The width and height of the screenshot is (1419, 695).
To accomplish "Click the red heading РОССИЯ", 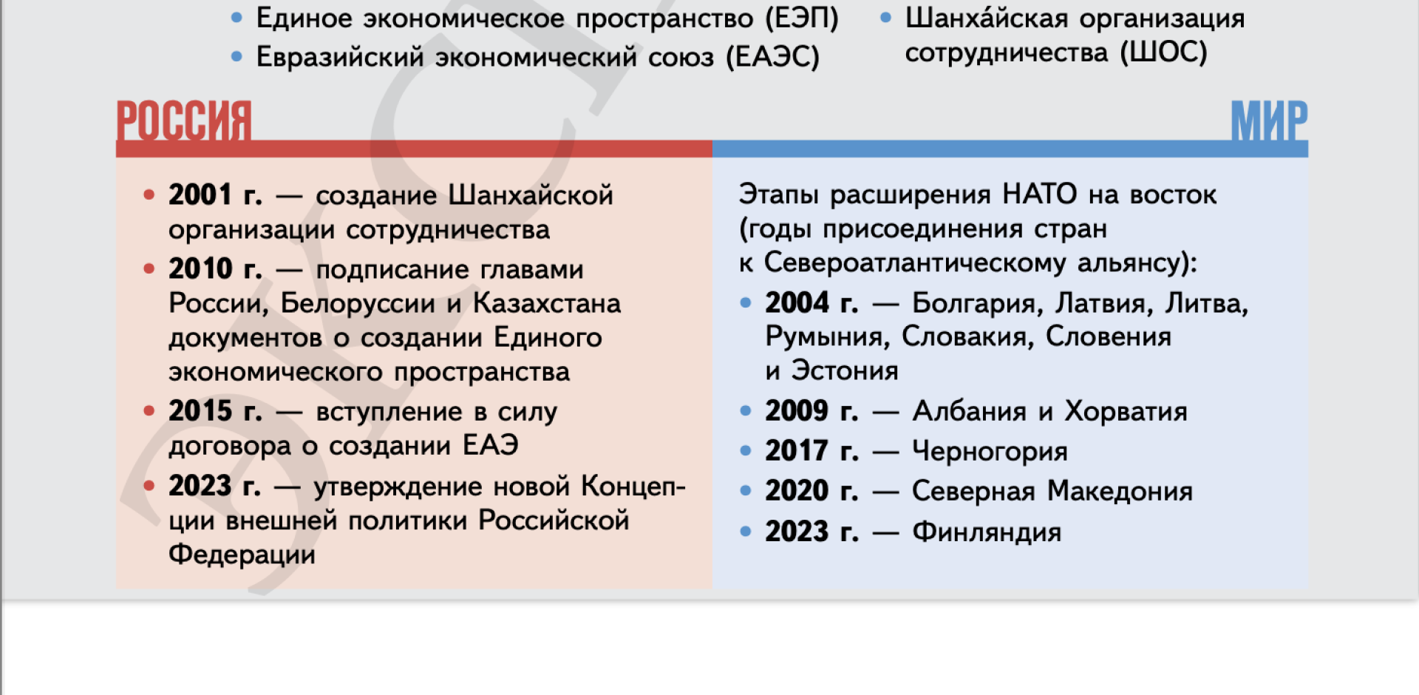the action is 184,121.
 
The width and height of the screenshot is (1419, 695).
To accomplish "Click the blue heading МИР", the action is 1269,121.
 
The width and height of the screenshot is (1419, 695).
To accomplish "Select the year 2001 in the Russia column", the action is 200,195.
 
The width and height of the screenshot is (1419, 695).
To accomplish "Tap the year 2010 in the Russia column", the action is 200,269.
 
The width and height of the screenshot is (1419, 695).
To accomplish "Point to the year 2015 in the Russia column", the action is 200,411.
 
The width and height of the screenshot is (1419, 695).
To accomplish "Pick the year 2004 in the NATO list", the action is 797,303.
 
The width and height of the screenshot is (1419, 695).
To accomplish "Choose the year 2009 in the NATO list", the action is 797,411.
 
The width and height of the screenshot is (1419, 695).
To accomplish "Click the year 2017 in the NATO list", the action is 797,451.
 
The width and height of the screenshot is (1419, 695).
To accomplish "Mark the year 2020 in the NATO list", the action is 797,491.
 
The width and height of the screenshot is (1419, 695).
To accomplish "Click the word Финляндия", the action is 987,532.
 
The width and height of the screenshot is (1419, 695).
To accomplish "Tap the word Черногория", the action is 990,452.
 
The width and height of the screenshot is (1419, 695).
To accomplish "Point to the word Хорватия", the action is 1126,412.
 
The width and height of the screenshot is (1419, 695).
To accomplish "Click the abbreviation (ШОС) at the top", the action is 1163,52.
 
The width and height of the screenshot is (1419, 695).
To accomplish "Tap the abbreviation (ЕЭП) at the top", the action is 802,18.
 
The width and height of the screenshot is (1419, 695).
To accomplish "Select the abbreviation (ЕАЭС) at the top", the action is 772,57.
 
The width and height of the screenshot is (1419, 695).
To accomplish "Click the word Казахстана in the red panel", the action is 547,304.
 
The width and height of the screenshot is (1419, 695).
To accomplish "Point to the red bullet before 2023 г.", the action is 149,486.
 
